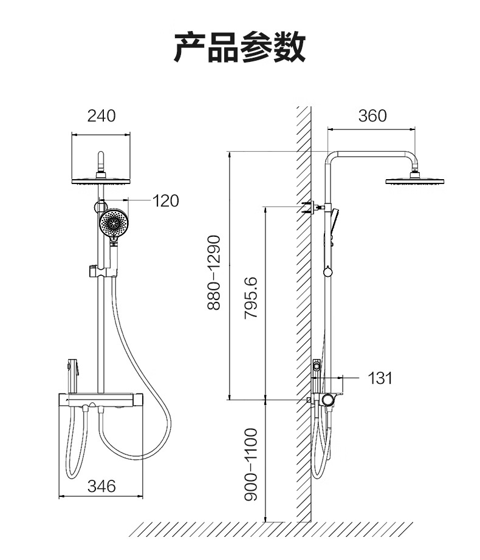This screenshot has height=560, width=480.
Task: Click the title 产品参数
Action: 239,48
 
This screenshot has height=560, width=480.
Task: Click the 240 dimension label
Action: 101,115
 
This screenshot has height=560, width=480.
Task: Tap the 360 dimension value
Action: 372,115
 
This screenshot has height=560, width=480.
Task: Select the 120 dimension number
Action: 165,200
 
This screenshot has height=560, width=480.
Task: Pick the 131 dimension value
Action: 380,378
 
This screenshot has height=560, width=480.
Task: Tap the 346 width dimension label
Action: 101,486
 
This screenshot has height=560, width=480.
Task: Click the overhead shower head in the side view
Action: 415,180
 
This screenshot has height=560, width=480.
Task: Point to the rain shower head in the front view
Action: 101,181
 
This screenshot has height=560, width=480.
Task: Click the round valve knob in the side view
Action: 328,399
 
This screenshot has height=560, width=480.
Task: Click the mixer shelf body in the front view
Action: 100,400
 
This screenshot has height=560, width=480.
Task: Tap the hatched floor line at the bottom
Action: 267,529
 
